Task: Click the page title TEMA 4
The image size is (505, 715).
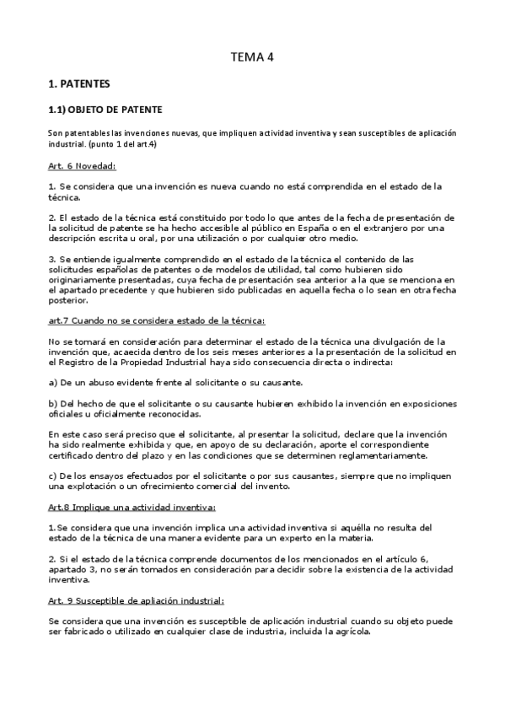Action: pos(253,57)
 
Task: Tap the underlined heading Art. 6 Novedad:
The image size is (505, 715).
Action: pos(83,166)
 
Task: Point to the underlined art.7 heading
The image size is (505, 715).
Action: pos(157,320)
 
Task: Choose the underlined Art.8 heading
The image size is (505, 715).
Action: pos(132,508)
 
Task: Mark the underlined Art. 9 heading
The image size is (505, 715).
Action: pos(137,600)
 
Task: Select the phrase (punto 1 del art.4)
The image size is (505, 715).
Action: pos(120,144)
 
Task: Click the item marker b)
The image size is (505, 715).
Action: pos(53,404)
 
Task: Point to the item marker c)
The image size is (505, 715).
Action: pos(53,476)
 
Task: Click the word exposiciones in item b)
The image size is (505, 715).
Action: pos(420,404)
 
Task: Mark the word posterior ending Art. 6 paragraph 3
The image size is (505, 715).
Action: pos(69,299)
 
